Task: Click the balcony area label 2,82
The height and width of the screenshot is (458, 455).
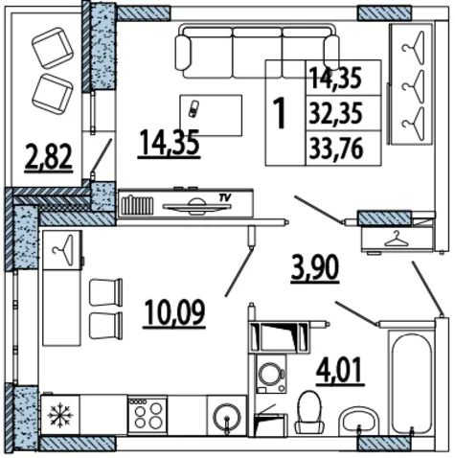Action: (49, 157)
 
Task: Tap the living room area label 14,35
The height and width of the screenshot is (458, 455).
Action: (170, 143)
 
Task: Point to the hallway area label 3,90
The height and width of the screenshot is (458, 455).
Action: (314, 267)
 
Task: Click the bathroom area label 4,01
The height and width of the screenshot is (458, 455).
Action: (340, 370)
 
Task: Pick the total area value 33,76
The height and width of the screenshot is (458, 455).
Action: (336, 149)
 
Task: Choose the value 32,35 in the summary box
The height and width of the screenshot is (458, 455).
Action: (335, 113)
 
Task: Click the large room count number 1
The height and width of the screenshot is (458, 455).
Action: (280, 113)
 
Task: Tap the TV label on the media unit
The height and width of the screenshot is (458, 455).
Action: (225, 198)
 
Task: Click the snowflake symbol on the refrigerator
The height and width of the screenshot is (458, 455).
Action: (60, 415)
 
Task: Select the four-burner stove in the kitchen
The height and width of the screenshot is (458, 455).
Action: (148, 415)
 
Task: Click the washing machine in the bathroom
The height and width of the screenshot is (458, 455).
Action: (271, 374)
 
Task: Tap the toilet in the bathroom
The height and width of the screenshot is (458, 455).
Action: (308, 413)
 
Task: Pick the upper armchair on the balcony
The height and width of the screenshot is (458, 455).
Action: (53, 48)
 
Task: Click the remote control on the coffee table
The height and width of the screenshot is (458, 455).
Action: (193, 109)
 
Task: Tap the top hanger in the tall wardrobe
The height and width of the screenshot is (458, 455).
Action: (413, 45)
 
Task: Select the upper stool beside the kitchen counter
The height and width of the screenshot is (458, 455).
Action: (106, 292)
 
